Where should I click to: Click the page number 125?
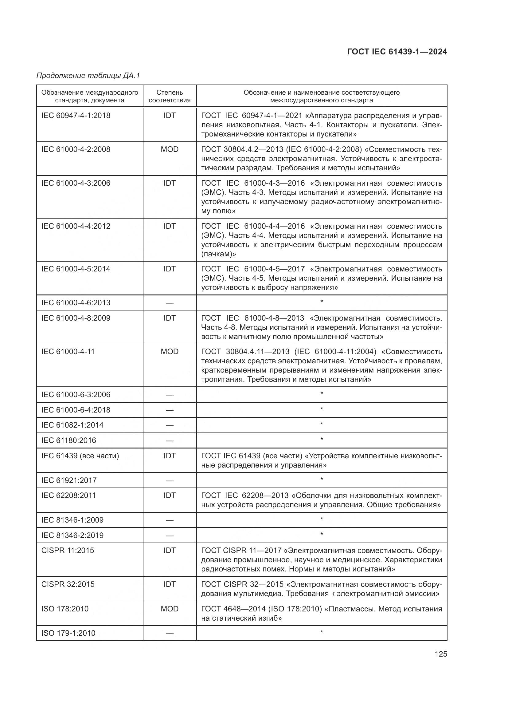click(x=440, y=654)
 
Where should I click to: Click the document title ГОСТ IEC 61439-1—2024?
click(x=397, y=52)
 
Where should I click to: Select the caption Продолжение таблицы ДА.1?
click(x=88, y=76)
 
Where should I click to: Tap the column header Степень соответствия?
click(x=170, y=96)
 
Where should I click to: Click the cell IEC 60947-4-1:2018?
click(x=76, y=116)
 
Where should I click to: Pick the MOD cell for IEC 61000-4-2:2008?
click(x=170, y=149)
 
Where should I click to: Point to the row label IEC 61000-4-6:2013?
click(x=76, y=303)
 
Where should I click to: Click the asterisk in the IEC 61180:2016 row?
click(x=322, y=440)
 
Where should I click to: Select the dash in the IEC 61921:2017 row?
click(x=170, y=481)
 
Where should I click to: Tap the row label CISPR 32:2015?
click(x=68, y=584)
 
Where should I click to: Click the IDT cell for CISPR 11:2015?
click(x=170, y=551)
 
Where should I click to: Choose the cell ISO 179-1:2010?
click(x=68, y=633)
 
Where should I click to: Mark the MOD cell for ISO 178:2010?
click(x=170, y=609)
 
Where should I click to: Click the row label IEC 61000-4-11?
click(x=68, y=352)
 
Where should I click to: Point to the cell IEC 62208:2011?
click(x=68, y=496)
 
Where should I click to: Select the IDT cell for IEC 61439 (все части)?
click(x=170, y=456)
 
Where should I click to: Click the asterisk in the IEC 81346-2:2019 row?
click(x=322, y=535)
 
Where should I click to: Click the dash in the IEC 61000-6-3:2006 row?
click(x=170, y=395)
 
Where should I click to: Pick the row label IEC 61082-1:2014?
click(x=72, y=425)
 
